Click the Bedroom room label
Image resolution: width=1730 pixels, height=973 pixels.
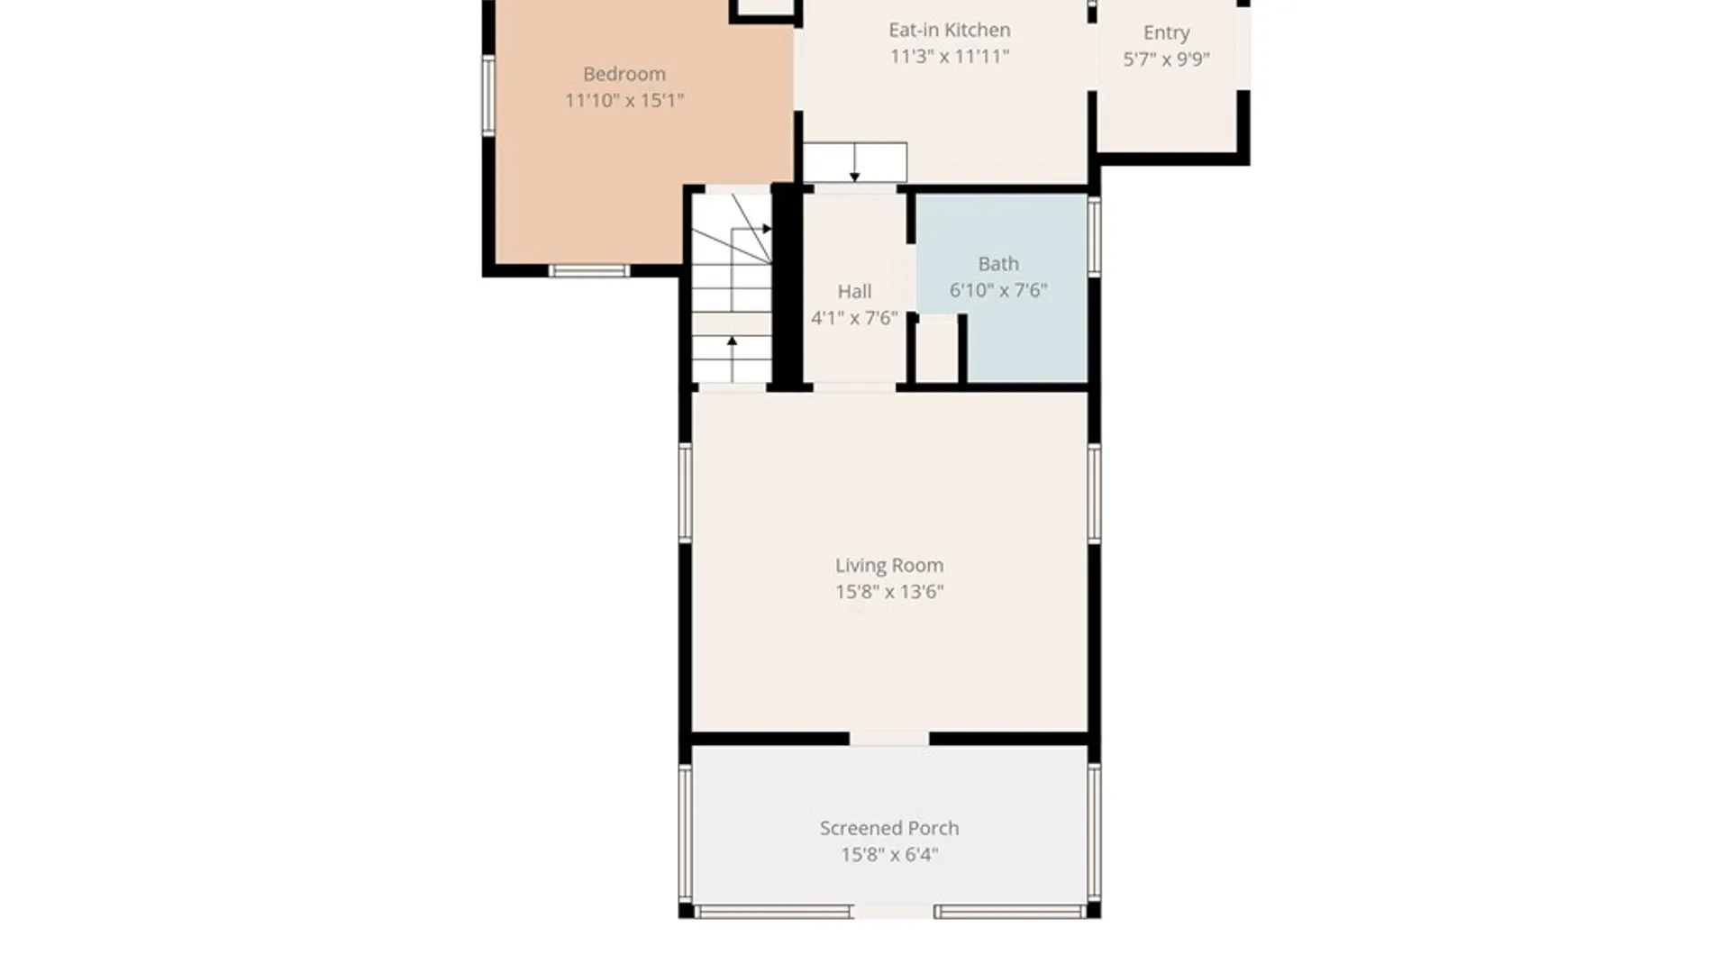[x=624, y=74]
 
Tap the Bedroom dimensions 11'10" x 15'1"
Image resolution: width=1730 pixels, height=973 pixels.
[x=624, y=100]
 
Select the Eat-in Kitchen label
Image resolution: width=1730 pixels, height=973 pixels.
[x=950, y=30]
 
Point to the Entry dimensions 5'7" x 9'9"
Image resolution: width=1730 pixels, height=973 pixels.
[x=1166, y=59]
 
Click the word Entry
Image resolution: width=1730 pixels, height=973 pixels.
[x=1166, y=33]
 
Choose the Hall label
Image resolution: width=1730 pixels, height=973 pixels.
[x=854, y=291]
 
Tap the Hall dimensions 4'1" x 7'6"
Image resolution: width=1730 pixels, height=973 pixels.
[x=854, y=317]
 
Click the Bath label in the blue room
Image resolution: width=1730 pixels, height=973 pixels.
[x=998, y=264]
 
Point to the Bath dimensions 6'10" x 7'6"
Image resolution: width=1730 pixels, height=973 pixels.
[x=998, y=290]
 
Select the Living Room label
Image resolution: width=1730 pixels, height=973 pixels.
[x=889, y=565]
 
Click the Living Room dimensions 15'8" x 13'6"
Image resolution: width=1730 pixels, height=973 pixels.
[x=889, y=592]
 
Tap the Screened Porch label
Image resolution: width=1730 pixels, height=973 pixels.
[x=889, y=828]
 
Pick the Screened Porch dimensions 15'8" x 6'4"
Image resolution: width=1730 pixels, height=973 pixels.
[x=889, y=854]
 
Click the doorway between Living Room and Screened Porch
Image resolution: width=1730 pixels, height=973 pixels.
[x=889, y=739]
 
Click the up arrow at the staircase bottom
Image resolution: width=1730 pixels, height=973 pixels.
[x=732, y=359]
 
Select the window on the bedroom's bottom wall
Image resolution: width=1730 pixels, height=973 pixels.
[x=589, y=270]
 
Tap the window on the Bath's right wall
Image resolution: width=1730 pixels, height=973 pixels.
[x=1094, y=237]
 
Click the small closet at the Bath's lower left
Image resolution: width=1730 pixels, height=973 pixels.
[x=937, y=350]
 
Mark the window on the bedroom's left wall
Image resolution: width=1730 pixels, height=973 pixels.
[x=488, y=95]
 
